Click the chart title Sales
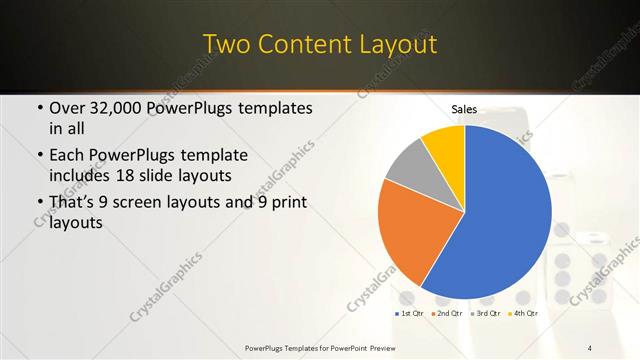464,108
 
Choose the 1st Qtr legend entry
409,314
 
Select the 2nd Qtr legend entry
447,314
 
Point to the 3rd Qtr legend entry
485,314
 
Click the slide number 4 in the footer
590,347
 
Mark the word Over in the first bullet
68,108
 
